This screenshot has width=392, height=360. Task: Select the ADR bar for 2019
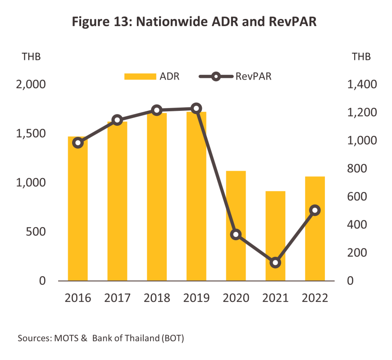coord(196,198)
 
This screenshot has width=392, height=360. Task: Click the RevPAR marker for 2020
coord(236,235)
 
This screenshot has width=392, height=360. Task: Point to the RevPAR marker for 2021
coord(275,263)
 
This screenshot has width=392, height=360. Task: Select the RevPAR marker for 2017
coord(117,120)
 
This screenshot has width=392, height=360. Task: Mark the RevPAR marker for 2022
coord(315,210)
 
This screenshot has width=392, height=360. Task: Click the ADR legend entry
coord(152,76)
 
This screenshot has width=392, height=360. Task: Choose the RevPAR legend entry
coord(235,76)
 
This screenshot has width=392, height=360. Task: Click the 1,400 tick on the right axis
coord(362,85)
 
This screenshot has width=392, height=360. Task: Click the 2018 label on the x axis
coord(157,298)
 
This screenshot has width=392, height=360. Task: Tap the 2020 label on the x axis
coord(236,298)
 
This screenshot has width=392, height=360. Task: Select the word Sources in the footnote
coord(34,338)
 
